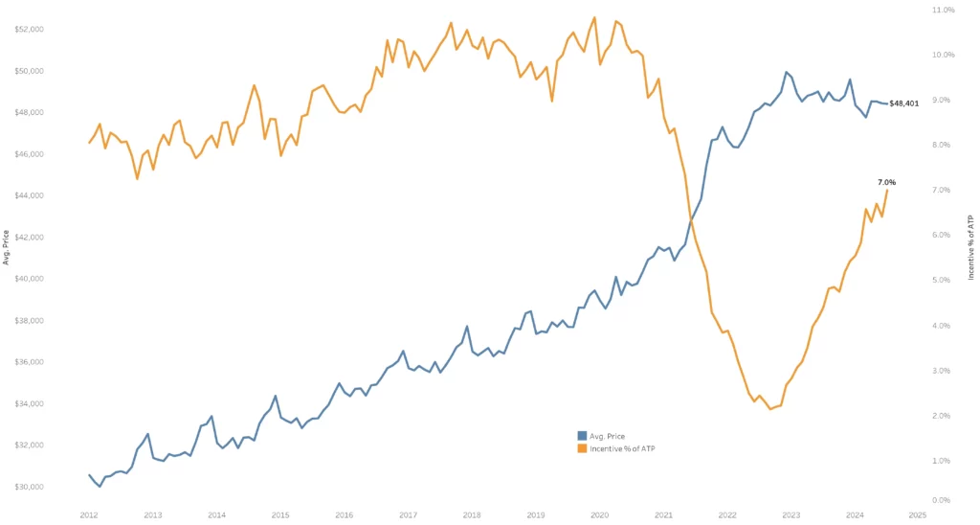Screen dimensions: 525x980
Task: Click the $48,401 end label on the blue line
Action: coord(904,103)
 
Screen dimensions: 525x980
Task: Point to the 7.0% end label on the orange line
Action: coord(886,182)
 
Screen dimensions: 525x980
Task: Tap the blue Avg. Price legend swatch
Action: coord(582,436)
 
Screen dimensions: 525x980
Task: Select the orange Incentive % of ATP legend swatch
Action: coord(582,448)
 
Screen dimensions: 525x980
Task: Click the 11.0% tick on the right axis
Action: coord(943,11)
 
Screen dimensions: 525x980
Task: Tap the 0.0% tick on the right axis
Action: coord(942,500)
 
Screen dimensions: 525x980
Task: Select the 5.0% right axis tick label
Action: coord(942,281)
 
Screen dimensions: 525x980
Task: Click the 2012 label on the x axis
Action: coord(89,514)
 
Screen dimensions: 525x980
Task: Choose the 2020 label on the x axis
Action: coord(599,514)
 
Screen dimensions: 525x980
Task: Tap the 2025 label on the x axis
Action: coord(918,514)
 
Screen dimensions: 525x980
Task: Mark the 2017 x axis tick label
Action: coord(408,514)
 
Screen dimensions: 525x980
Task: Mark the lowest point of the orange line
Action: coord(770,409)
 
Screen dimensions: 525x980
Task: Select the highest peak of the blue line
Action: coord(786,72)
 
